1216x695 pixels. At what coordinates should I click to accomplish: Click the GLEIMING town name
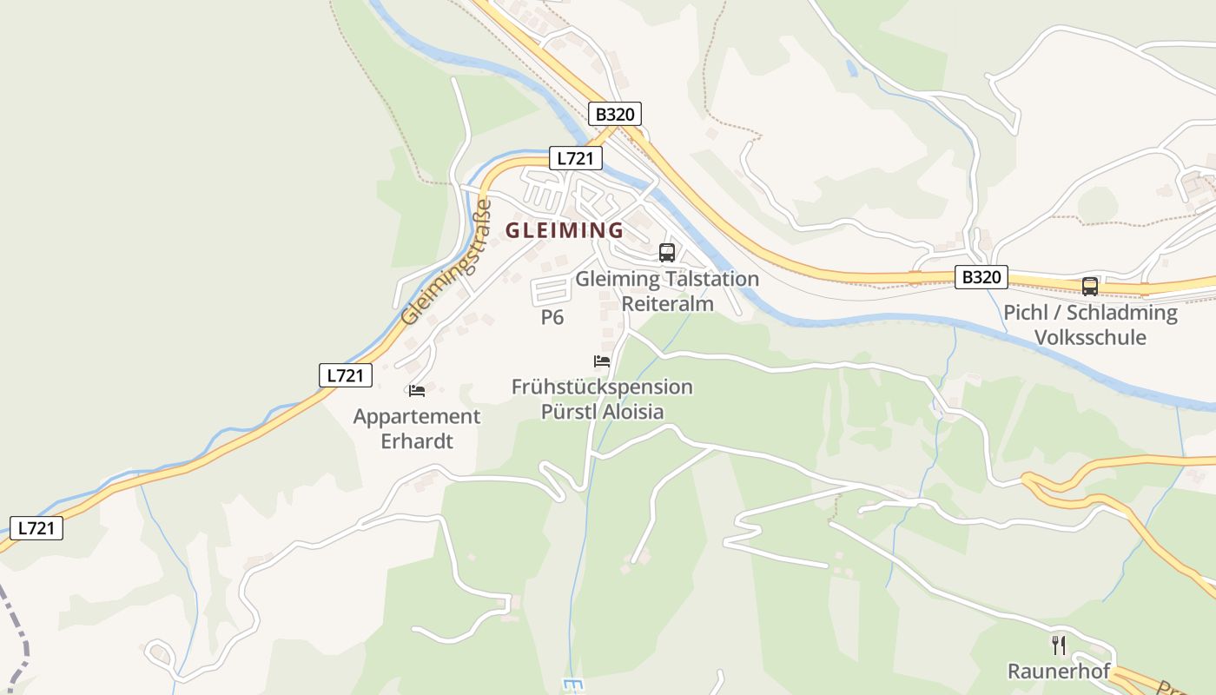565,230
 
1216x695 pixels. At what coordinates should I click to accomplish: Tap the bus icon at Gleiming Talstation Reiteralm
667,253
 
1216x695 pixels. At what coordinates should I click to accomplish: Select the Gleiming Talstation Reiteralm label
667,291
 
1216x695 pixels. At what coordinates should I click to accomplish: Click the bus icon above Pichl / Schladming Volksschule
1089,286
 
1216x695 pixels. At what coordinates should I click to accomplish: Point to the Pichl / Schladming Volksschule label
1090,324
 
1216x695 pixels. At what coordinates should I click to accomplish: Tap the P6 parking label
552,317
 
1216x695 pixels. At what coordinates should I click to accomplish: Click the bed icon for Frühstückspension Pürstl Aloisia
602,361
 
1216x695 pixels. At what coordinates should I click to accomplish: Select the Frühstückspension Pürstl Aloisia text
602,399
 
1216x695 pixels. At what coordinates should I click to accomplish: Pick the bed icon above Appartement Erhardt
417,390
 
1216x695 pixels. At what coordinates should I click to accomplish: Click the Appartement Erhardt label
417,428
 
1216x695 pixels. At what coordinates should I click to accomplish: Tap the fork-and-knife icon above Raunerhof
1059,645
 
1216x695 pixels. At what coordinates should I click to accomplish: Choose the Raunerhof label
1059,672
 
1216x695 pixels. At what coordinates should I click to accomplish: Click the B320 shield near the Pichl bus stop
981,277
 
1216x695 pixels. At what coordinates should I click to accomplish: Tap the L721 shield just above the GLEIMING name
576,158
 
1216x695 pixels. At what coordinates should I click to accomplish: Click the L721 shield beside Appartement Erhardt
346,375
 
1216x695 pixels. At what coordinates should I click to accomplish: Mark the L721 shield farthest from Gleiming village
36,527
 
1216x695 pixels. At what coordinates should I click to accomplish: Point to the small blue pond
852,68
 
